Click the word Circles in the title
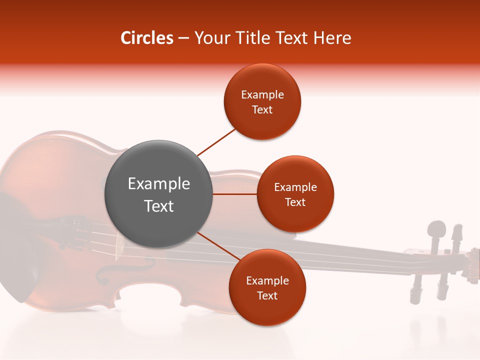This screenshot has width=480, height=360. click(146, 38)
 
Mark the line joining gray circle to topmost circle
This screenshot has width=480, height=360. click(216, 142)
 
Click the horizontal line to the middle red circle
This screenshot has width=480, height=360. click(235, 194)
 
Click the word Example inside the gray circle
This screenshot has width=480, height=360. click(159, 184)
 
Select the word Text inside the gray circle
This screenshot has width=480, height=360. click(159, 206)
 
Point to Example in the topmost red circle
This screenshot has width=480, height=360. click(262, 95)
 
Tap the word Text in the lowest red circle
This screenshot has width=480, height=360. click(267, 295)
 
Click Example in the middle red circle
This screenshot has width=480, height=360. click(295, 187)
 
